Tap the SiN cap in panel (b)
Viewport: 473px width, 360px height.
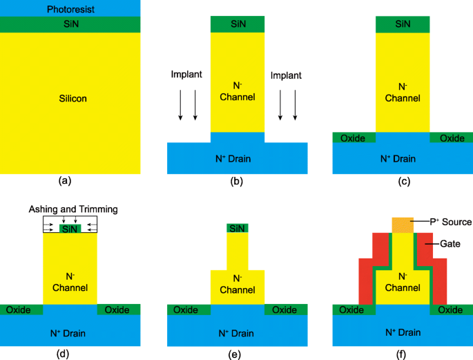[238, 23]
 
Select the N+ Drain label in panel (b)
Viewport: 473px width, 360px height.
[238, 159]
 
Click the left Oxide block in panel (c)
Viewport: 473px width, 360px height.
[354, 138]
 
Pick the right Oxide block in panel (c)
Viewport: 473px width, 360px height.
[452, 138]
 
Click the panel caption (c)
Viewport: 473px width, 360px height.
[403, 181]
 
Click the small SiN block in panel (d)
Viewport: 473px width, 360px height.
[70, 228]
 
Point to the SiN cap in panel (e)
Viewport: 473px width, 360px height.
[238, 228]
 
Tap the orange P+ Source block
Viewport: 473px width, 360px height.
[403, 225]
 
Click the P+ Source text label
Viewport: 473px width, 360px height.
[449, 222]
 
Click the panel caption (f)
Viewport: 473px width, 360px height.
[403, 354]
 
